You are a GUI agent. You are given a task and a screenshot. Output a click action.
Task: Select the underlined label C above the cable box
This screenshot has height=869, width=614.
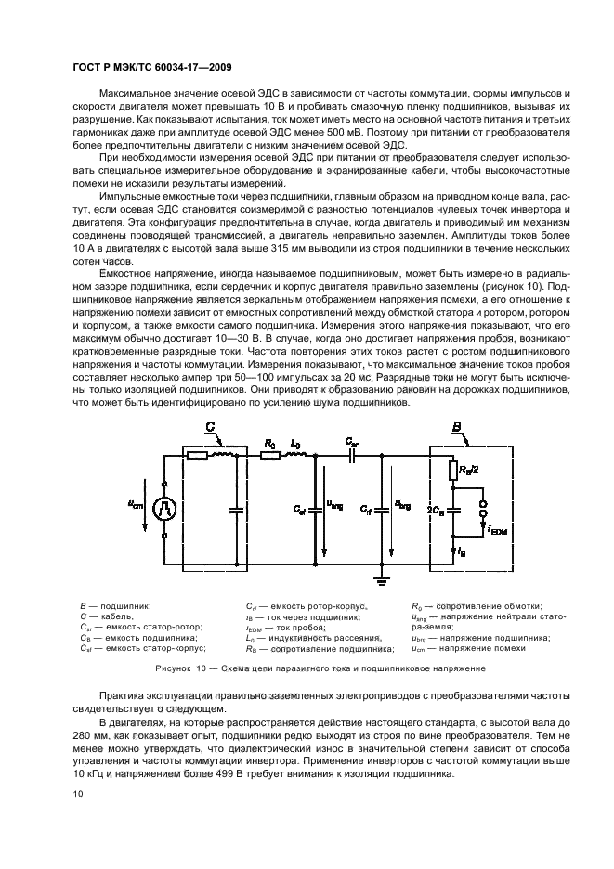[210, 428]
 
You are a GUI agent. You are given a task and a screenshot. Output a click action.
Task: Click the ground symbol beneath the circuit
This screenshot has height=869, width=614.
[380, 582]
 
